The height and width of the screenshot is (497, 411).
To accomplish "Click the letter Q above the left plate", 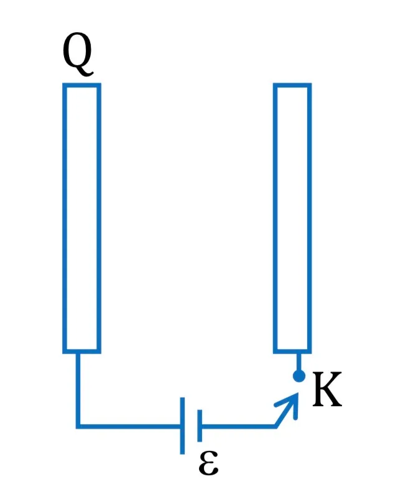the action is (x=77, y=54).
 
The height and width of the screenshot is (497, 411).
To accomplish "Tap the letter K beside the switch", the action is (x=327, y=390).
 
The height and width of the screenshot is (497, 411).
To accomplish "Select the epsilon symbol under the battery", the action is (x=208, y=463).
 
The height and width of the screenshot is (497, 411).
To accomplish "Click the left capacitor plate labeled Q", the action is (x=82, y=218).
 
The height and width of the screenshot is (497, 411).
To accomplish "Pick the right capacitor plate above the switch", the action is (x=292, y=218).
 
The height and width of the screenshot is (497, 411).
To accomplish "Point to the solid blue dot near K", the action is (x=299, y=376).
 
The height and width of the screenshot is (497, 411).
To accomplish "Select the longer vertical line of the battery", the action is (x=182, y=426).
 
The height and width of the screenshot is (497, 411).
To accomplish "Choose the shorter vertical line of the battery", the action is (x=200, y=426).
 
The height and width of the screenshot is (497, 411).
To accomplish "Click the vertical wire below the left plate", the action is (x=78, y=390).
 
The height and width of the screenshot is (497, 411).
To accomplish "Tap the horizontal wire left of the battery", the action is (x=129, y=426).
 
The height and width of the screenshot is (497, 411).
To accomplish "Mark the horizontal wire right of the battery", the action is (x=239, y=426).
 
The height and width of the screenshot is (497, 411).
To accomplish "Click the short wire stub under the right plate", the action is (x=298, y=362).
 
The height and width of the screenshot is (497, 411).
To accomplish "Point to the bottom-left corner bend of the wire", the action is (x=78, y=426).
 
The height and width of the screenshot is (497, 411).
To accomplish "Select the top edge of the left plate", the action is (x=82, y=85).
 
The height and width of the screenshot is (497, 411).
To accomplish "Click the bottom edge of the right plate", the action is (x=292, y=351).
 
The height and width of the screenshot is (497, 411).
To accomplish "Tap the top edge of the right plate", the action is (x=292, y=85).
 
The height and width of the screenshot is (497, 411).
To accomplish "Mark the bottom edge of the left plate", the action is (x=82, y=351).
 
